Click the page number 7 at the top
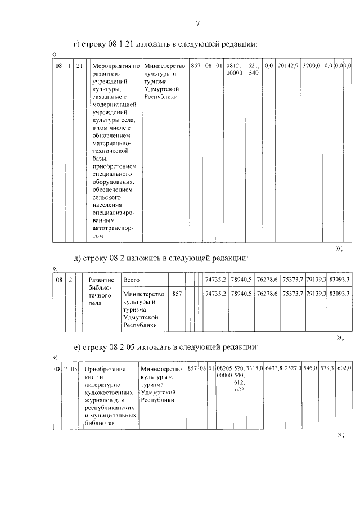point(197,23)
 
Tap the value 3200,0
point(311,66)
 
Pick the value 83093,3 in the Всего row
point(339,280)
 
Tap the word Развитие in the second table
point(102,280)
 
